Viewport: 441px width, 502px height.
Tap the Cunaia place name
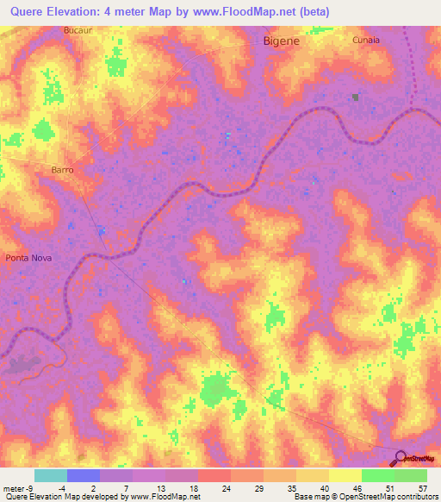[x=365, y=40]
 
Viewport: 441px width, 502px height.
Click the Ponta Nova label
[x=29, y=258]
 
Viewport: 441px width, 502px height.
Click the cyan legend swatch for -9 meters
[x=51, y=475]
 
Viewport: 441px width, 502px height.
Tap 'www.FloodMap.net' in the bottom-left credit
[x=164, y=497]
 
